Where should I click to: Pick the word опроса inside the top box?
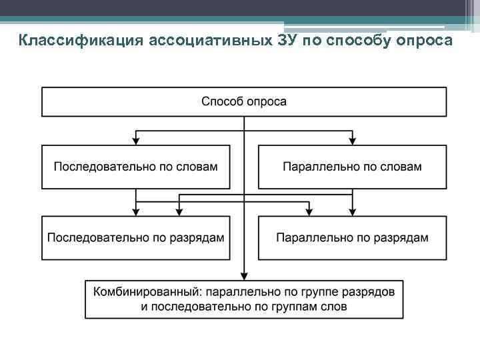267,102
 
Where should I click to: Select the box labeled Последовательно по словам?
136,167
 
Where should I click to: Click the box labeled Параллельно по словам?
352,167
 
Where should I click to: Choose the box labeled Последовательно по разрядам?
136,238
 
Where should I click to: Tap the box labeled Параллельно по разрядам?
352,238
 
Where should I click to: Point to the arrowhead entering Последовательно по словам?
136,140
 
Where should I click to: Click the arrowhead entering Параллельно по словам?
352,140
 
